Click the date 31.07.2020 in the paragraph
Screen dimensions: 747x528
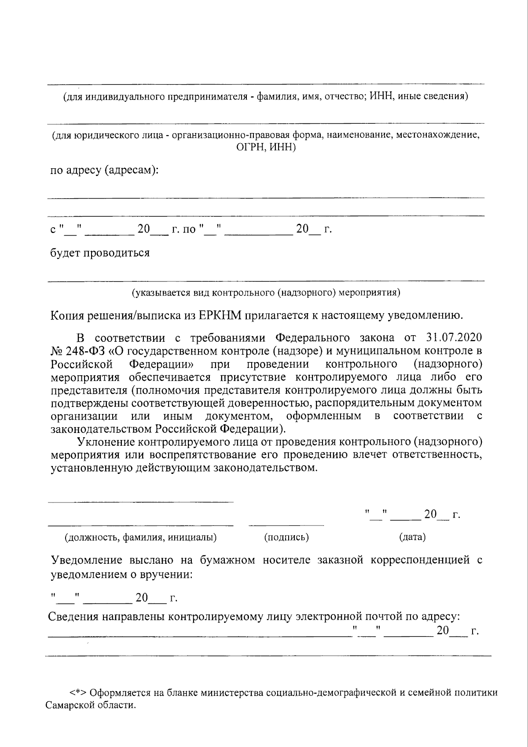pyautogui.click(x=454, y=338)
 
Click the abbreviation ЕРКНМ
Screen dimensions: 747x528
pyautogui.click(x=220, y=315)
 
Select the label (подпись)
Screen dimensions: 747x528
pyautogui.click(x=286, y=537)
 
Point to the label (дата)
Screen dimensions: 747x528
pyautogui.click(x=412, y=537)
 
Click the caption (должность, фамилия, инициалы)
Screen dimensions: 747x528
pyautogui.click(x=141, y=537)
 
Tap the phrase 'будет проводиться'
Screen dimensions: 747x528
pyautogui.click(x=100, y=253)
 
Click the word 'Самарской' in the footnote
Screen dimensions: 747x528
pyautogui.click(x=69, y=705)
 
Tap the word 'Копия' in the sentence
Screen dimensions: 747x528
pyautogui.click(x=68, y=315)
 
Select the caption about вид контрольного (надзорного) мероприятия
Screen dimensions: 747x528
pyautogui.click(x=266, y=292)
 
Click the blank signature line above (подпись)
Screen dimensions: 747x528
pyautogui.click(x=286, y=525)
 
